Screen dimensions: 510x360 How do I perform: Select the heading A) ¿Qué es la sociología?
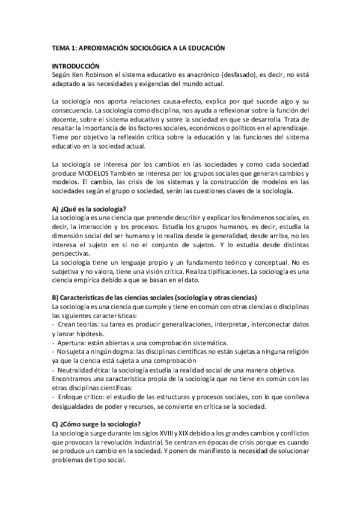89,208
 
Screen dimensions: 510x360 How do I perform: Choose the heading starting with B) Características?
155,298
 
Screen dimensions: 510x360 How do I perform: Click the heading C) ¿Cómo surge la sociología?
97,424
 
